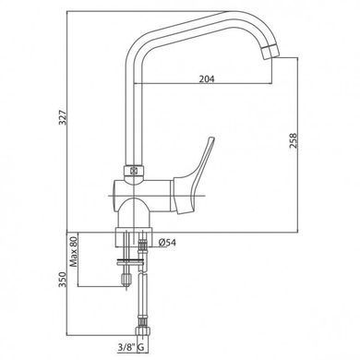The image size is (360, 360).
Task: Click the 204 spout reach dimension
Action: tap(207, 78)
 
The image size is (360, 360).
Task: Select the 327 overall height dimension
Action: tap(63, 117)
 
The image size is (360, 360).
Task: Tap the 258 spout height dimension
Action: tap(294, 141)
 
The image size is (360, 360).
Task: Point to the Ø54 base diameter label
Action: tap(167, 243)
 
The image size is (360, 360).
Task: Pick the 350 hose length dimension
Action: tap(63, 280)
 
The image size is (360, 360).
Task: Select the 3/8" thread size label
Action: tap(126, 347)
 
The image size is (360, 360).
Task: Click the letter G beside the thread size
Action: tap(141, 348)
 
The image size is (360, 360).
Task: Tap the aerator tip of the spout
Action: tap(270, 53)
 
